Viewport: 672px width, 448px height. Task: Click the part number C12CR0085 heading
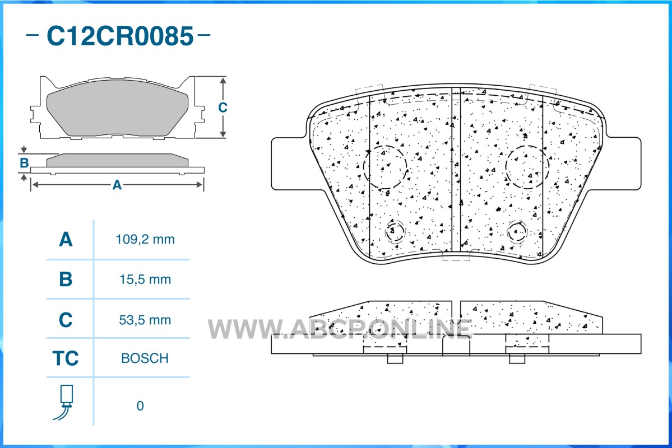[x=120, y=36]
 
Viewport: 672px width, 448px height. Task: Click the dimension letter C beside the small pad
[x=223, y=107]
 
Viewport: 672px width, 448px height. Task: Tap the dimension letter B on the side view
[x=25, y=163]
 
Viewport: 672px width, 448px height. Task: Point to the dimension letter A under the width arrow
[x=117, y=185]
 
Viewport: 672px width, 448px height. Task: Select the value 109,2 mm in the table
[x=145, y=239]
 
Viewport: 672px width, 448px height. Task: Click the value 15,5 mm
[x=145, y=279]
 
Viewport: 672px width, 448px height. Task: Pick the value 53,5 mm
[x=145, y=320]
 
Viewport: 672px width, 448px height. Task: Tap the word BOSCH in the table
[x=145, y=358]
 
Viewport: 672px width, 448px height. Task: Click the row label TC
[x=66, y=358]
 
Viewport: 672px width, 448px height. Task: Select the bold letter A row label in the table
[x=66, y=239]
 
